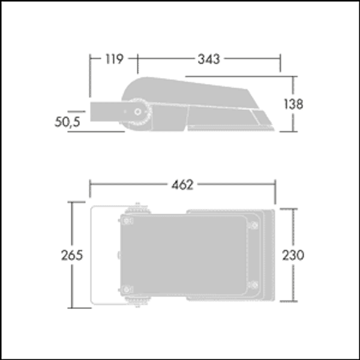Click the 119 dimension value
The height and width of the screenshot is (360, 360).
point(113,59)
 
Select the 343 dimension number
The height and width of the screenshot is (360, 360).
point(209,59)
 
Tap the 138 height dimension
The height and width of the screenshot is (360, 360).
point(293,103)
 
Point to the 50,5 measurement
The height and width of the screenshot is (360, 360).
point(67,121)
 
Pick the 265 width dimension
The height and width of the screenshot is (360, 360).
point(71,255)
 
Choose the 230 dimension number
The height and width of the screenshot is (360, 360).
point(293,255)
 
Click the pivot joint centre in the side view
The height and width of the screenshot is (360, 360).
point(139,112)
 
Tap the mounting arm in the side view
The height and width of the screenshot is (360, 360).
point(108,111)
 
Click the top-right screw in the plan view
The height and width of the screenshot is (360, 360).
point(253,225)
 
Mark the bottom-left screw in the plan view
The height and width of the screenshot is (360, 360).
point(127,289)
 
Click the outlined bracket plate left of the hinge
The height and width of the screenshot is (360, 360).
point(103,255)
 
